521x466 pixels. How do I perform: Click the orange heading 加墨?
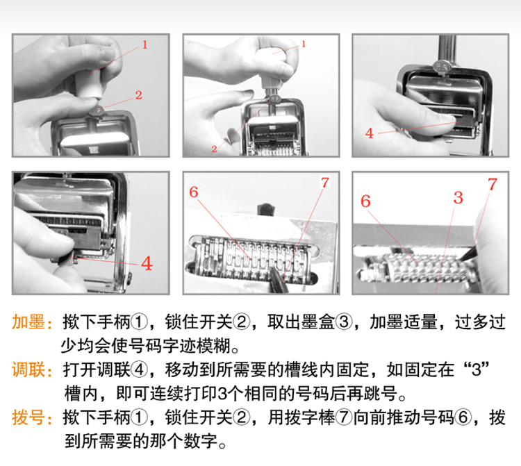(x=28, y=322)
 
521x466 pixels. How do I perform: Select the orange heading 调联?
(x=28, y=370)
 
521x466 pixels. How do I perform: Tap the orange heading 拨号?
(x=28, y=418)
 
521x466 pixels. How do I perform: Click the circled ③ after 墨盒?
(x=344, y=322)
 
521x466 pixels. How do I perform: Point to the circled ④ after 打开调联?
(x=139, y=370)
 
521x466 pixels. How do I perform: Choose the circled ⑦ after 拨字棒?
(x=344, y=418)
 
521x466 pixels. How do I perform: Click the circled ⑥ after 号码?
(x=463, y=418)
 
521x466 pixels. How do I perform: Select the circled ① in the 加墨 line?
(x=139, y=322)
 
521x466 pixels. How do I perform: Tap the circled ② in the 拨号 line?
(x=241, y=418)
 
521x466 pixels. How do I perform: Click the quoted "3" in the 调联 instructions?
(x=477, y=369)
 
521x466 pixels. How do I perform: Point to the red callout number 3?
(x=458, y=198)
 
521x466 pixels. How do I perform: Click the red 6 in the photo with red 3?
(x=365, y=201)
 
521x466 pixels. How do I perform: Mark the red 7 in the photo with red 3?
(x=492, y=184)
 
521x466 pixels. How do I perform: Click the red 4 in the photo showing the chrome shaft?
(x=369, y=133)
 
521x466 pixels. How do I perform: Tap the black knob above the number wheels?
(x=267, y=210)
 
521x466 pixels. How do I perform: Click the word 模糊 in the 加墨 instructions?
(x=214, y=346)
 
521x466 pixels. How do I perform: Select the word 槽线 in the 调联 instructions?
(x=301, y=370)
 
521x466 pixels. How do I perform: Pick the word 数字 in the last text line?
(x=201, y=442)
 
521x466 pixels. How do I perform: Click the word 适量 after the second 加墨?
(x=420, y=322)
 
